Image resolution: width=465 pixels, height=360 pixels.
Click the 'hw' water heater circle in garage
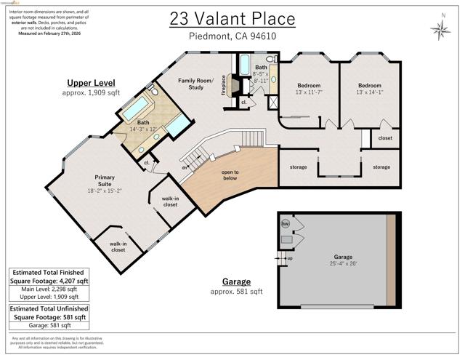tap(285, 224)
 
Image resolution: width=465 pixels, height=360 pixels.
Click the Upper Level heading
tap(88, 83)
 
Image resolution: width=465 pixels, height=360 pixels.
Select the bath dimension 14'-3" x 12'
tap(143, 128)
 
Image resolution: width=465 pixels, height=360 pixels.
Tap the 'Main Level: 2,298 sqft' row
tap(49, 289)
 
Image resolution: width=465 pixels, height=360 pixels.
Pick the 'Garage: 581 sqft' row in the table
tap(49, 325)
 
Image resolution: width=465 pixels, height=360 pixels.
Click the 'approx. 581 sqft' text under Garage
tap(236, 291)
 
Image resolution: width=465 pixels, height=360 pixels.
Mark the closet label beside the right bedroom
tap(385, 137)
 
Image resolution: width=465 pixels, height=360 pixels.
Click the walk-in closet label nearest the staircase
tap(171, 201)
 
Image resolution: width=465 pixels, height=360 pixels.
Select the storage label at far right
tap(381, 167)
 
